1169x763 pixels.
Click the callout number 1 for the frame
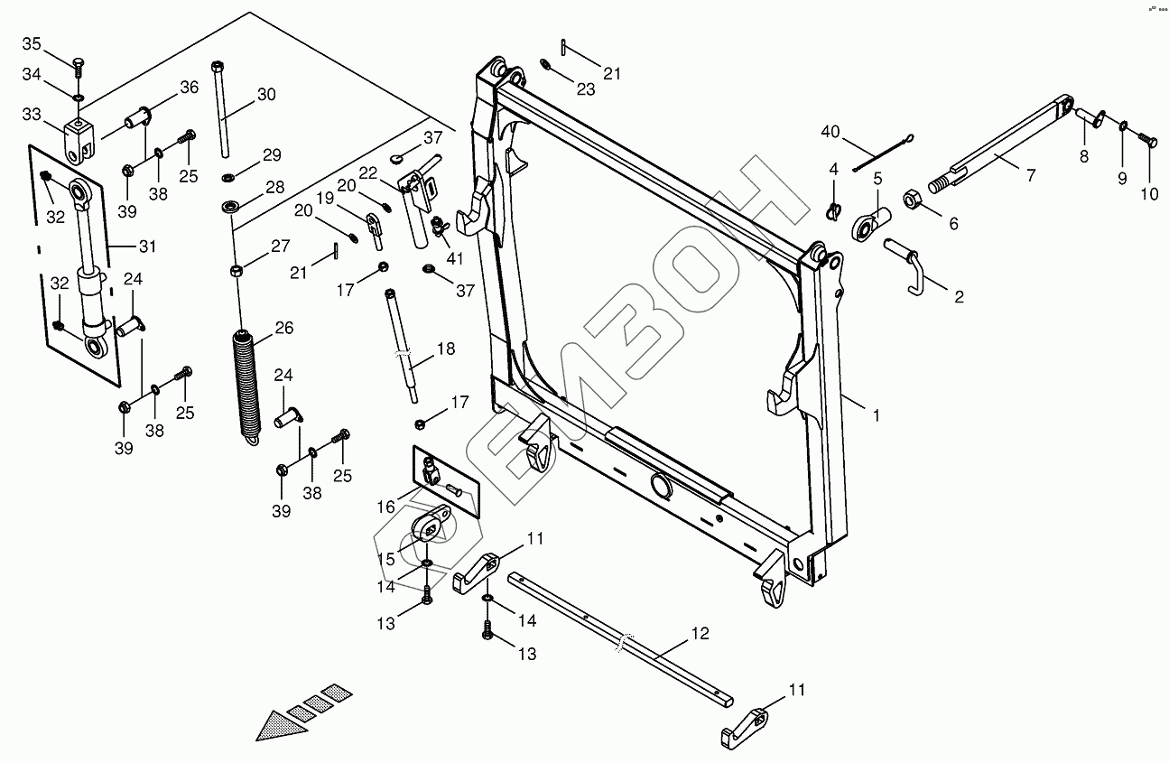875,415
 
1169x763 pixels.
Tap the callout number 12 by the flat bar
700,633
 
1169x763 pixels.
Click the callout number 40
830,133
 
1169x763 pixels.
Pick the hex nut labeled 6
912,198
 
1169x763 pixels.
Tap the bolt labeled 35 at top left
78,65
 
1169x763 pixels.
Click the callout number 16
385,507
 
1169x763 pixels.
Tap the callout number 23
587,90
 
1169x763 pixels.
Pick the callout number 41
454,257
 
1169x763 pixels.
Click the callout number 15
385,560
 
